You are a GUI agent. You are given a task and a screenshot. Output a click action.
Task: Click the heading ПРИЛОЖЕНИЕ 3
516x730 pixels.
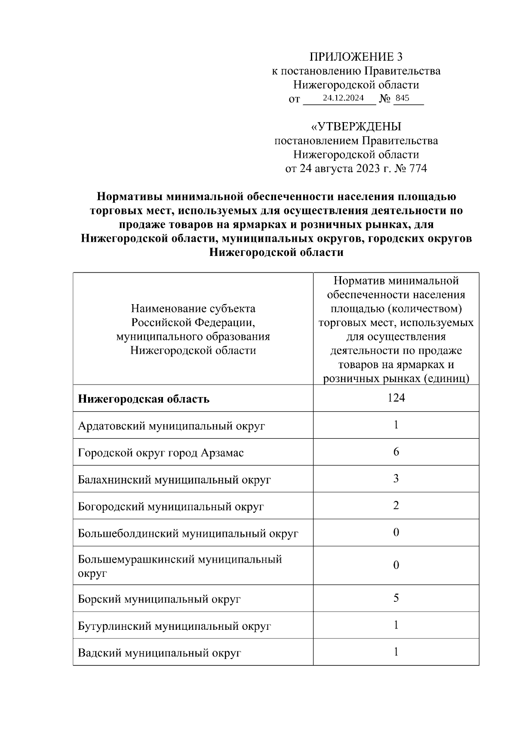pos(356,57)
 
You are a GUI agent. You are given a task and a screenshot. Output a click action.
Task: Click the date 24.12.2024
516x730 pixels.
pos(343,98)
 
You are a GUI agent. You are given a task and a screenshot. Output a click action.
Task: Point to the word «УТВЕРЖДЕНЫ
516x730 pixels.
pos(356,126)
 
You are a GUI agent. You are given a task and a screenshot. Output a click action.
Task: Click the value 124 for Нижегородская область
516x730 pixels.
pos(396,398)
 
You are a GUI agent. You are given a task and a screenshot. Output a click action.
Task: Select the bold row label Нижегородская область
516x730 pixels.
pos(144,399)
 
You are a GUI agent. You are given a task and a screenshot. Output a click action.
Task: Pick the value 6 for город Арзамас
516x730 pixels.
pos(396,452)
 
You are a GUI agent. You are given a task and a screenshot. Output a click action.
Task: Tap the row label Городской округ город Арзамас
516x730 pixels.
pos(161,453)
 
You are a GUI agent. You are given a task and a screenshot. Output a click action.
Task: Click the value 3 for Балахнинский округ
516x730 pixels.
pos(396,478)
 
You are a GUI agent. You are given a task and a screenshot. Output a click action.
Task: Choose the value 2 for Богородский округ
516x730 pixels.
pos(396,505)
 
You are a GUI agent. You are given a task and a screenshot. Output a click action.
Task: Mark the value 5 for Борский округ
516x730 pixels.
pos(396,598)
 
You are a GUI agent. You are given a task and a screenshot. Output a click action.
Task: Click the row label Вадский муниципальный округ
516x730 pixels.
pos(160,653)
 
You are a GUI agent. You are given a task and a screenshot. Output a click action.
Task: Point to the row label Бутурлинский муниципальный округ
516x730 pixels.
pos(174,626)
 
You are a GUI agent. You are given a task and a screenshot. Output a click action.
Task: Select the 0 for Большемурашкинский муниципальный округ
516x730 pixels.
pos(396,565)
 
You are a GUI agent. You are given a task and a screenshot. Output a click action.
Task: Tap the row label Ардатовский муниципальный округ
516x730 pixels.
pos(171,426)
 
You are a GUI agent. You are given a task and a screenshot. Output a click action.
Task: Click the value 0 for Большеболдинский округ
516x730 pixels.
pos(396,533)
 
